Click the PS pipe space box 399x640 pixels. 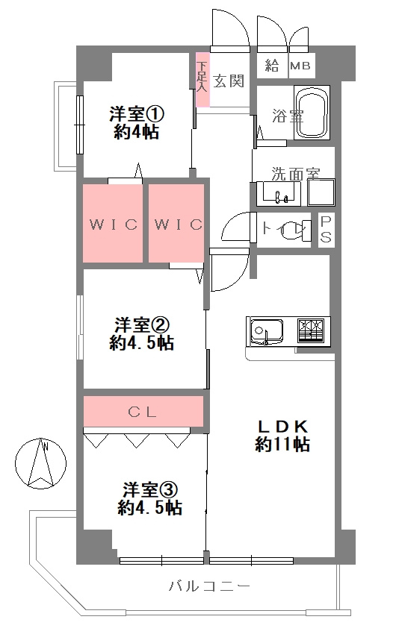tap(327, 230)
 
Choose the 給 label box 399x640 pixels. tap(271, 66)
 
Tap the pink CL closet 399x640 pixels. tap(143, 410)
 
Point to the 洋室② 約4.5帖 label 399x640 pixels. tap(142, 333)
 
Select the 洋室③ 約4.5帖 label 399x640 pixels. tap(149, 498)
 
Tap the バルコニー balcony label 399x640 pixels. tap(209, 586)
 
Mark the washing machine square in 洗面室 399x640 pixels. tap(321, 194)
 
